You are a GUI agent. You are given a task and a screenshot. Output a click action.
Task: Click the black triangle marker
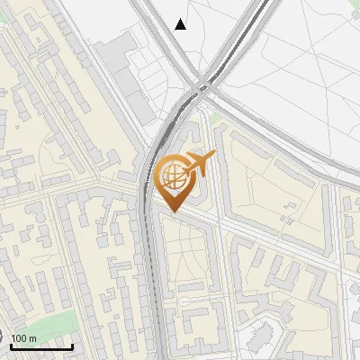[181, 24]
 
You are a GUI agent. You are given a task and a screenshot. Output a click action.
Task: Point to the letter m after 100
[32, 338]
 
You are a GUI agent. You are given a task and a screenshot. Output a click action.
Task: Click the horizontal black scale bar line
[41, 346]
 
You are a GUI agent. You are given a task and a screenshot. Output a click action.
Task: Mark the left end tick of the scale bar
[12, 345]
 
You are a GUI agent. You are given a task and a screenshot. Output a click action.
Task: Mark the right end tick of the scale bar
[72, 345]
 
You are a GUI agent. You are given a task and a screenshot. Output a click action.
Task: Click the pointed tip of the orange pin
[171, 211]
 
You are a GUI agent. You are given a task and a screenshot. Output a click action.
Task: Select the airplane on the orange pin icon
[199, 164]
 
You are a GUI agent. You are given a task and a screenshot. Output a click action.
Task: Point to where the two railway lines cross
[203, 86]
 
